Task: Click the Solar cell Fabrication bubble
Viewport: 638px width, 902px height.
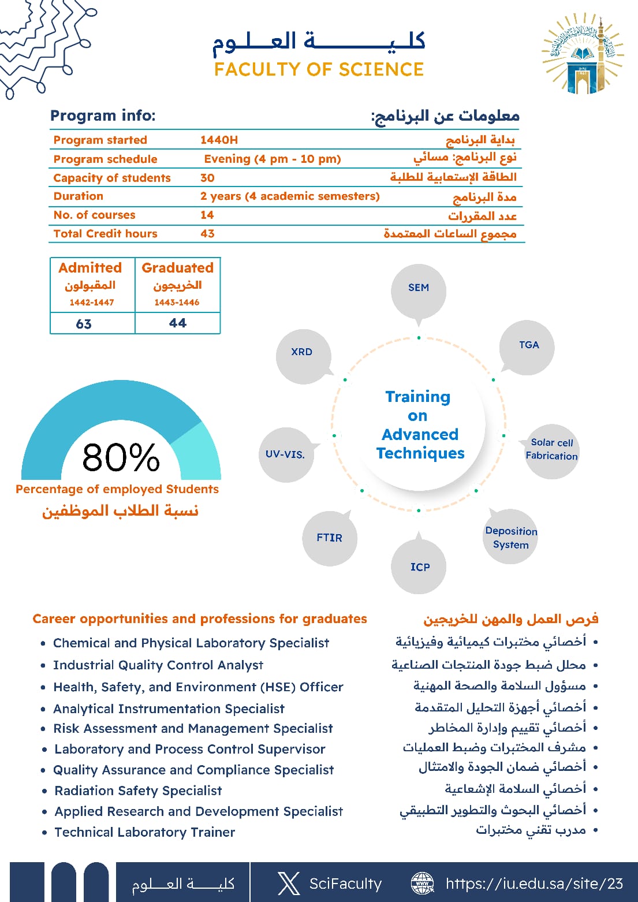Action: click(551, 449)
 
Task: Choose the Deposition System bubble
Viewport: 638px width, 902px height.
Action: click(511, 538)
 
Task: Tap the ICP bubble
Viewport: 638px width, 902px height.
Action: click(420, 566)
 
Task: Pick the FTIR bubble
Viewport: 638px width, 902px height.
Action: click(330, 538)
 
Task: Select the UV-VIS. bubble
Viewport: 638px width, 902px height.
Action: click(285, 454)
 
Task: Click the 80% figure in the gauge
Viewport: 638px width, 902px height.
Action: click(121, 457)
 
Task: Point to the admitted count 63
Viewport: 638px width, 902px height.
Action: click(84, 324)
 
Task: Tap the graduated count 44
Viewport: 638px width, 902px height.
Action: click(177, 323)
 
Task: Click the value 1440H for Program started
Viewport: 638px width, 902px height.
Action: click(219, 140)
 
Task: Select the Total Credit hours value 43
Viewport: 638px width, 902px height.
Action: click(207, 233)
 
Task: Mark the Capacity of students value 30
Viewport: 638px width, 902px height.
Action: click(207, 178)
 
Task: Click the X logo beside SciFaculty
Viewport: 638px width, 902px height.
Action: click(288, 884)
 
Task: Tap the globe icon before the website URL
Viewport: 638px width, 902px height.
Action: click(422, 884)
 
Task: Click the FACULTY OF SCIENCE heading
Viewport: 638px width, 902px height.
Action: click(319, 69)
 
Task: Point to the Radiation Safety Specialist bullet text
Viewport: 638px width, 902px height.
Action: click(138, 791)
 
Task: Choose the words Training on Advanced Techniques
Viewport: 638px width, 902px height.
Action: click(419, 425)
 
